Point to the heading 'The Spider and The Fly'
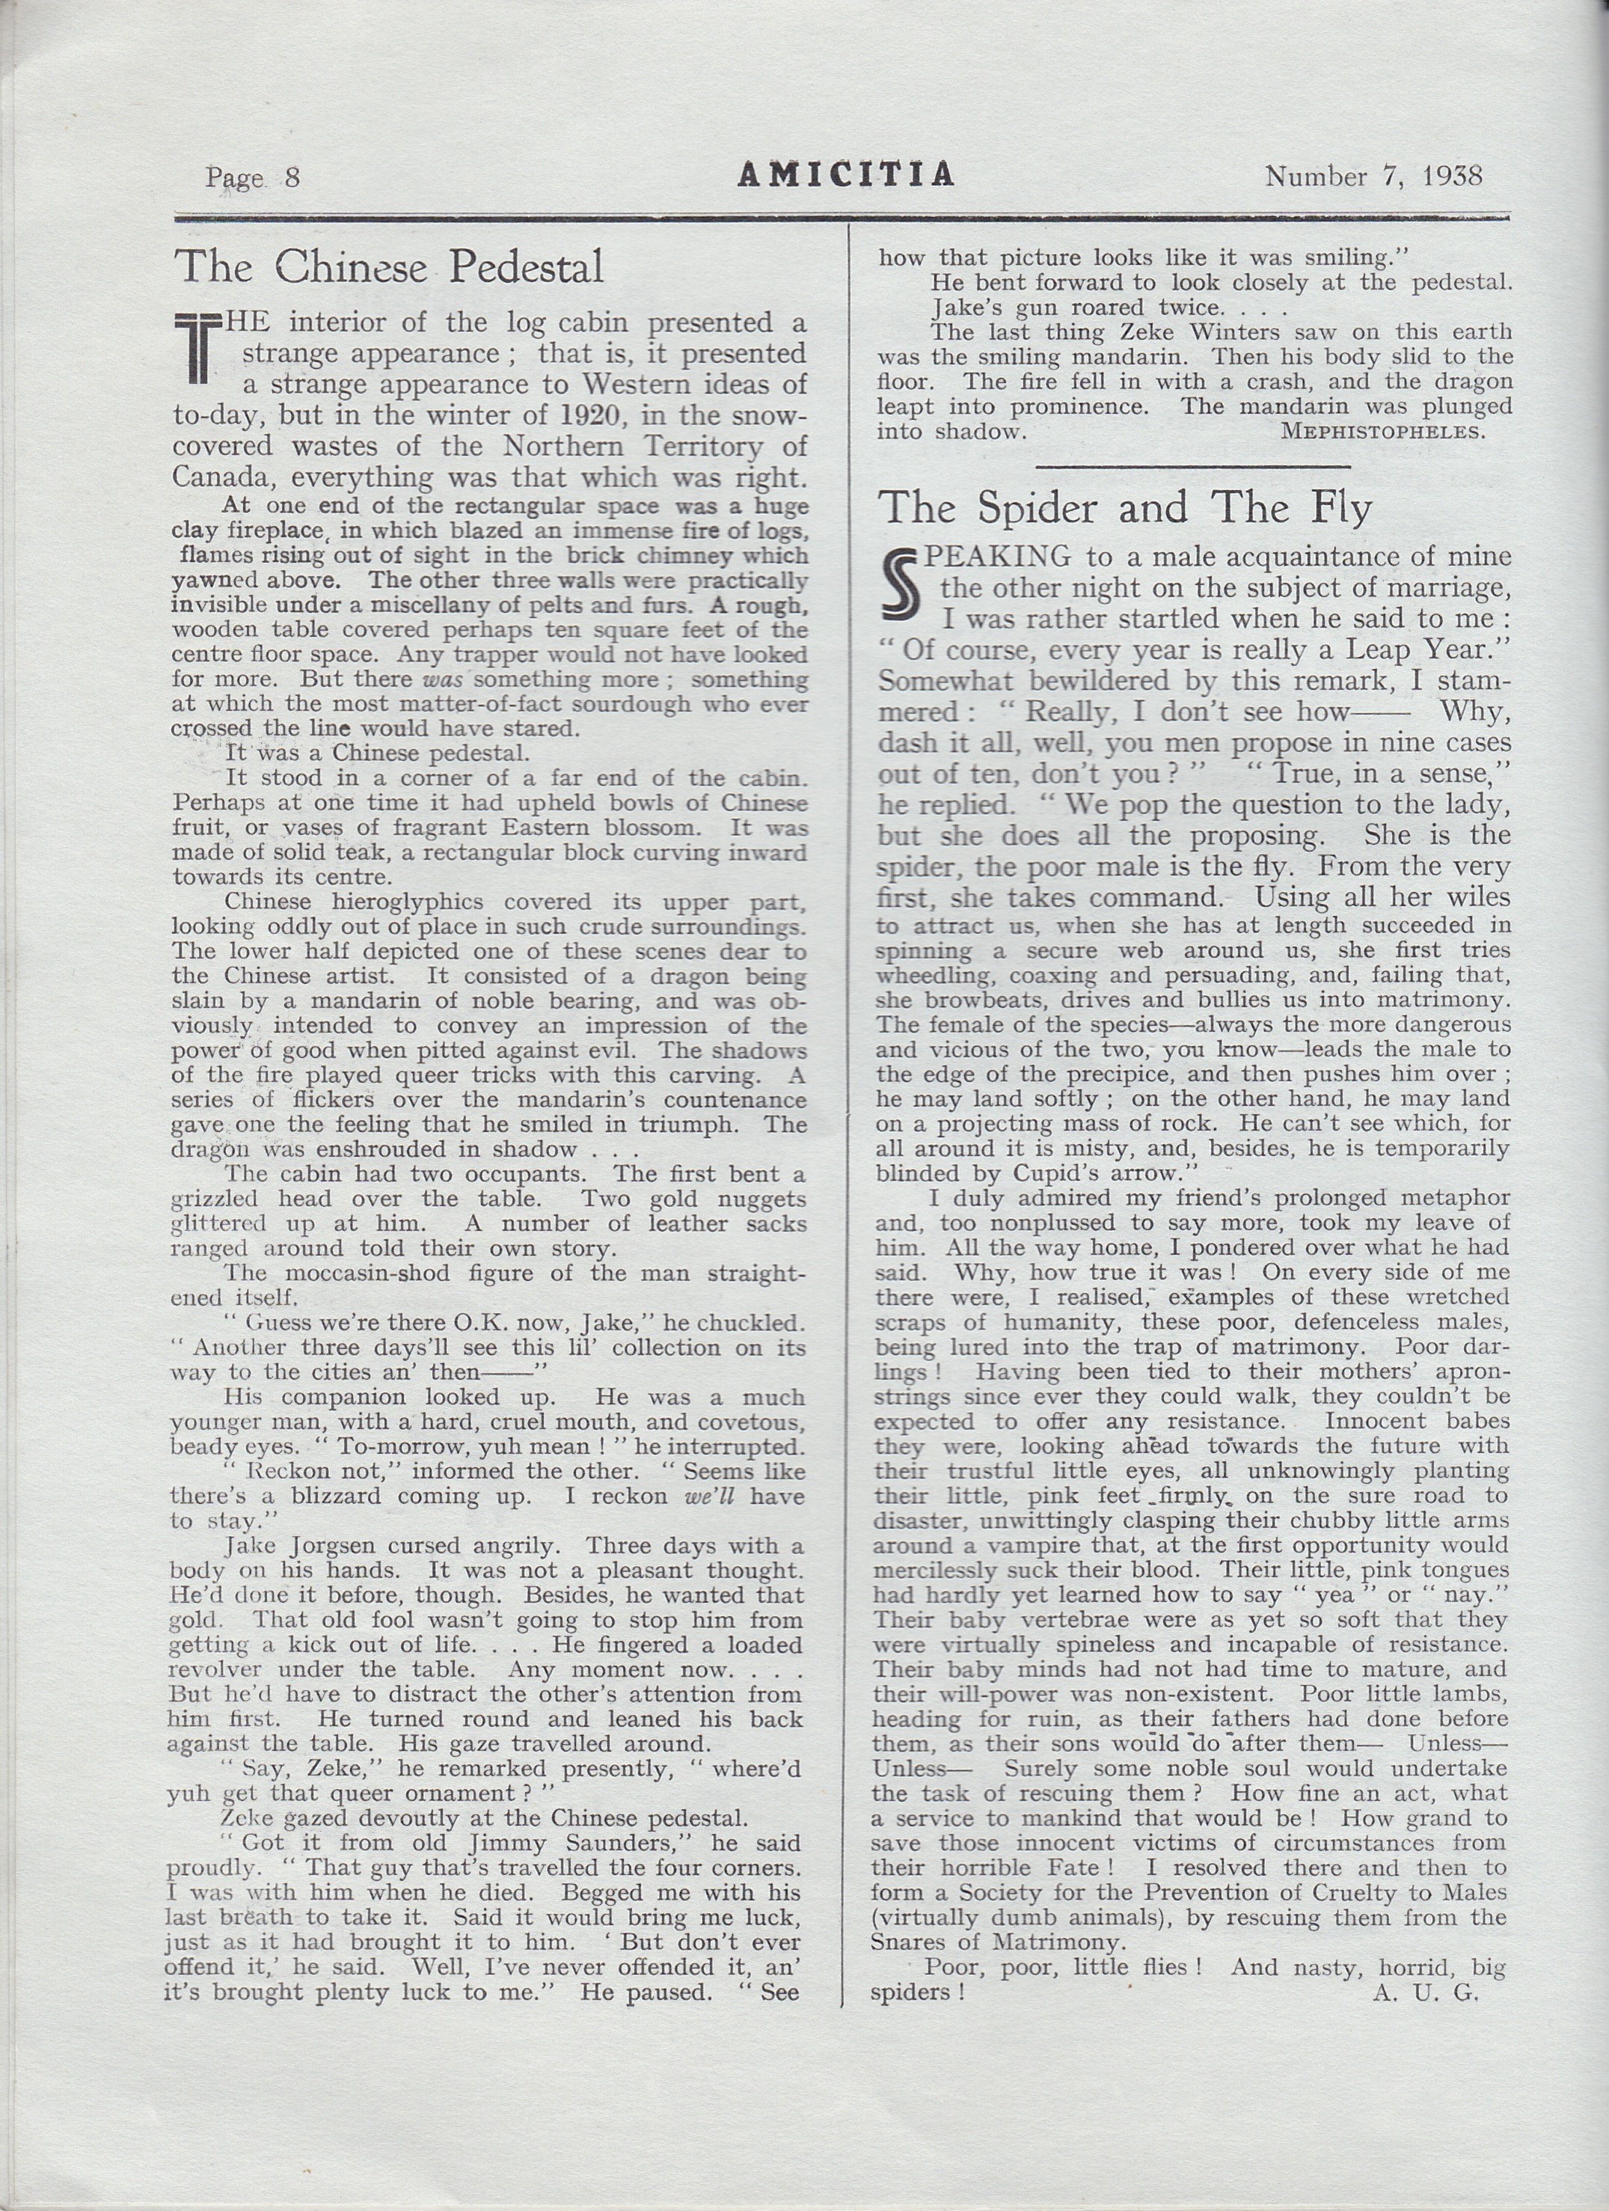click(x=1126, y=508)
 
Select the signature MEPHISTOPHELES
click(x=1384, y=432)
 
